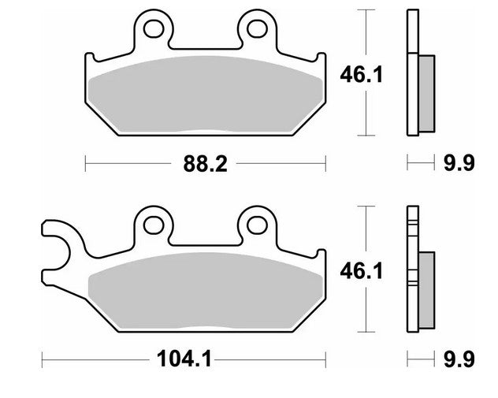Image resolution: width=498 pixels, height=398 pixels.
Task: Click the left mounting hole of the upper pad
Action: coord(154,29)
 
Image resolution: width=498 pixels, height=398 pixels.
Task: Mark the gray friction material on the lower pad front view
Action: coord(205,292)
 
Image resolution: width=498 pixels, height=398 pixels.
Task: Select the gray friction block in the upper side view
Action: coord(425,94)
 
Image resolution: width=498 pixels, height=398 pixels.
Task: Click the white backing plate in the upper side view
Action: coord(411,71)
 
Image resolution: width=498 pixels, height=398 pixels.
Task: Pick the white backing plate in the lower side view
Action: coord(411,268)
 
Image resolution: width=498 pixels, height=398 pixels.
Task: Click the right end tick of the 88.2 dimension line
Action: coord(325,164)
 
